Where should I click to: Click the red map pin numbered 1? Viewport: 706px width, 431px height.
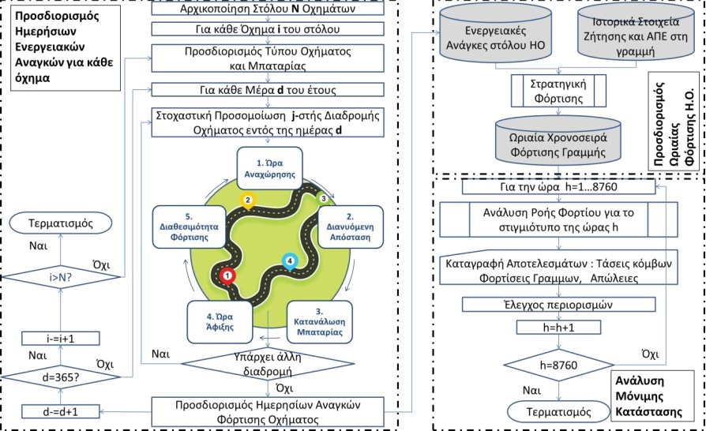(227, 276)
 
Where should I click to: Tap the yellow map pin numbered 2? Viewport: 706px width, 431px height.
(247, 201)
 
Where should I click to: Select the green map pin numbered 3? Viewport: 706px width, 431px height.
(323, 198)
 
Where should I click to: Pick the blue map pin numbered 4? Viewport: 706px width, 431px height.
(290, 262)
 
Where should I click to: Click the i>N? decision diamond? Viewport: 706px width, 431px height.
(61, 278)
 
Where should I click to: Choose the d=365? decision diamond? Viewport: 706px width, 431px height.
(61, 377)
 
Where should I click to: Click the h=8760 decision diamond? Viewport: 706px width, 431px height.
(558, 365)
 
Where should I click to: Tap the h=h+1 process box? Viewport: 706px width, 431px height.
(558, 328)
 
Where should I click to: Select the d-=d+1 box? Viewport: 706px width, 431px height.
(61, 411)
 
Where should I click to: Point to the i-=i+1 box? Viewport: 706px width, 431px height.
(61, 339)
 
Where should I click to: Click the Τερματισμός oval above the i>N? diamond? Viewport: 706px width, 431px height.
(61, 223)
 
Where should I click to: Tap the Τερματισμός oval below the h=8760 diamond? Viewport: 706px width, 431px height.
(558, 411)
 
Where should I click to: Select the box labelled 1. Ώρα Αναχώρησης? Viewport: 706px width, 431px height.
(270, 169)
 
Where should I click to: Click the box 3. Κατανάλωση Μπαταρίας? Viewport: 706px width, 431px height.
(320, 322)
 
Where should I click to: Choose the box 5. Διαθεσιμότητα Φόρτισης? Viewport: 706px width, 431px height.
(189, 227)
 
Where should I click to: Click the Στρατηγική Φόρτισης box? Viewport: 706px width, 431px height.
(558, 91)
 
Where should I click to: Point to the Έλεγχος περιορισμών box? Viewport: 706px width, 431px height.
(558, 305)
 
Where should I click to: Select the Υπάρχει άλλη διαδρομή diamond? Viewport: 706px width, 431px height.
(268, 364)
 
